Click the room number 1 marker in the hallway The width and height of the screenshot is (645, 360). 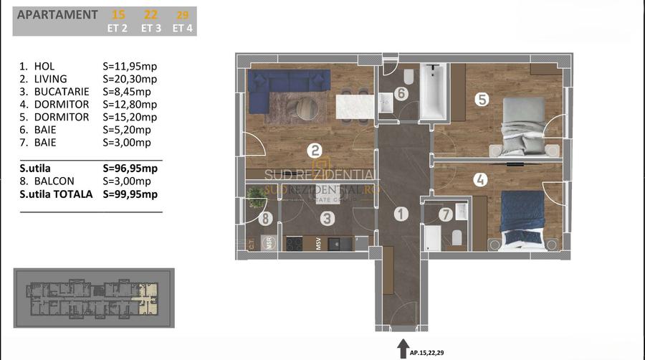[x=401, y=213]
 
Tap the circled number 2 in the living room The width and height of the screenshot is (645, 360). [x=313, y=151]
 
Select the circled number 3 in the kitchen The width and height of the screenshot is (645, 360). [x=327, y=219]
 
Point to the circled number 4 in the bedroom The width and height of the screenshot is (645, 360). [x=479, y=181]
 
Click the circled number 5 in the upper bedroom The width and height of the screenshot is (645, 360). [x=482, y=100]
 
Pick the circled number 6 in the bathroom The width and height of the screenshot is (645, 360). [x=401, y=94]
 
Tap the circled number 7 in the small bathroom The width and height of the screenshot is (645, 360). [x=445, y=214]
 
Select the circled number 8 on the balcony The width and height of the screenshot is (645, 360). [x=265, y=219]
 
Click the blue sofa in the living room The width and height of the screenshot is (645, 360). [x=276, y=90]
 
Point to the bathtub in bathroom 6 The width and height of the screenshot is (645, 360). [x=432, y=93]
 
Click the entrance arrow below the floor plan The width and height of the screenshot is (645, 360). [x=401, y=348]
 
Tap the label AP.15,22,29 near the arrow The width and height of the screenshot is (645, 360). [x=430, y=352]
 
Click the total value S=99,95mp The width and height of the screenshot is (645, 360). [x=130, y=194]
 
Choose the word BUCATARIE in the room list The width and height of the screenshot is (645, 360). [x=57, y=92]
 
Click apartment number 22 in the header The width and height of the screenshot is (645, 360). [x=150, y=14]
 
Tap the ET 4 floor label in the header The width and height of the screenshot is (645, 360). [x=182, y=29]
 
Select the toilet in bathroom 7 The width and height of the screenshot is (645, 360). [x=456, y=238]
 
